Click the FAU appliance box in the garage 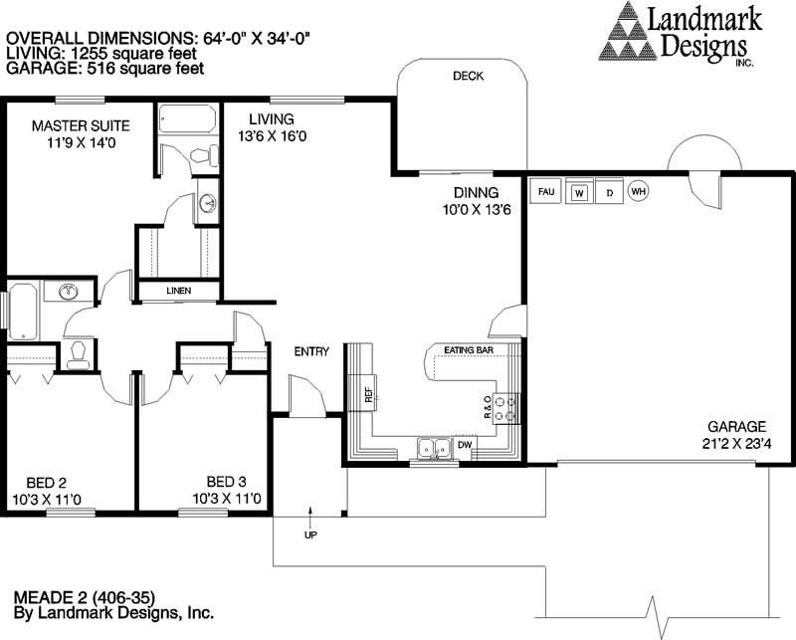click(545, 191)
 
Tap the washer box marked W click(579, 191)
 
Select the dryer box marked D click(609, 192)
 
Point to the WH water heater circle click(638, 191)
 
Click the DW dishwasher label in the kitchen click(465, 445)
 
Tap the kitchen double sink click(434, 449)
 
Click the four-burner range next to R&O click(506, 409)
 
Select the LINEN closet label click(179, 291)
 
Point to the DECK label click(468, 77)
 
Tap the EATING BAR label click(469, 350)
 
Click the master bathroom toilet click(203, 155)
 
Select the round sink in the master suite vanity click(207, 203)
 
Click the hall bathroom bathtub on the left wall click(23, 312)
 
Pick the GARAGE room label click(736, 427)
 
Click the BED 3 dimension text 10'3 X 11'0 click(227, 499)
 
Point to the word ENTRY click(311, 351)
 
